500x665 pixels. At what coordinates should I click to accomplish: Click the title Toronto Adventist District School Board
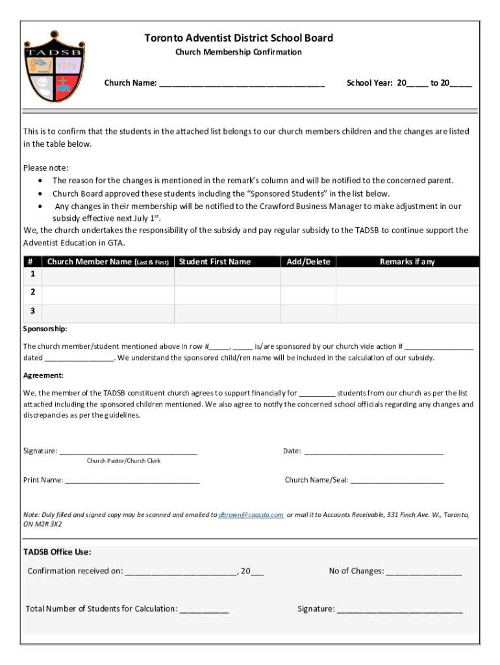[238, 38]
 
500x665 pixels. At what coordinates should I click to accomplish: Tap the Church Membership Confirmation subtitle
[238, 52]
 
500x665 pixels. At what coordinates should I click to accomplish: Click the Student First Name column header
[214, 262]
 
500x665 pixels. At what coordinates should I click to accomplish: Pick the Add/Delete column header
[308, 262]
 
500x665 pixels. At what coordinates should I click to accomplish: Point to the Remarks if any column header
[407, 262]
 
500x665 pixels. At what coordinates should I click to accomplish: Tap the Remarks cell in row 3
[407, 313]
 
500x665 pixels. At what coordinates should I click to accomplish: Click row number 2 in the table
[32, 292]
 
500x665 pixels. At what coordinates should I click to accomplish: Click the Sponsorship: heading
[45, 329]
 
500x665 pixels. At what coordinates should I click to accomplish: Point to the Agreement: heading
[44, 375]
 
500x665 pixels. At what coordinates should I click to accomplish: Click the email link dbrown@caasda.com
[251, 514]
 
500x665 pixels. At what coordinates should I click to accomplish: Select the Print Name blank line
[132, 481]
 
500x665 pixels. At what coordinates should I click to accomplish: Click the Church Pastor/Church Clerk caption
[123, 461]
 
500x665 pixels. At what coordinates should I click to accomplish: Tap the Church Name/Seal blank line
[397, 481]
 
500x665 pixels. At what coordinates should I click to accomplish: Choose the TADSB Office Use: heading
[57, 552]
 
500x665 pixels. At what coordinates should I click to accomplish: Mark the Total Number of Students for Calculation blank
[204, 610]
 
